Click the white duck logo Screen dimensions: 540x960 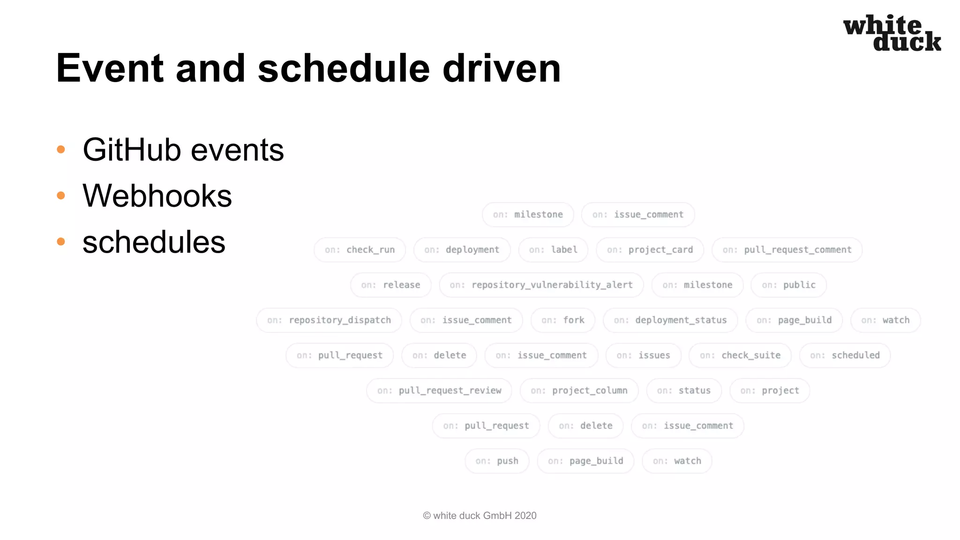[892, 33]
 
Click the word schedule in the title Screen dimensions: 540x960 [343, 68]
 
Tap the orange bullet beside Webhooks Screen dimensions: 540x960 [61, 195]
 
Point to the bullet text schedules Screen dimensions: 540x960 [154, 242]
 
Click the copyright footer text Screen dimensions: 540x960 [480, 516]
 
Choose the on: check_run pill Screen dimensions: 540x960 [360, 250]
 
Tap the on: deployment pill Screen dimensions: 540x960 [462, 250]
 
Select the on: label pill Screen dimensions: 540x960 [553, 250]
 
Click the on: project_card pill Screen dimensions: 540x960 [650, 250]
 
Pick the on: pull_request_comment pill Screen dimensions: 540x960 [787, 250]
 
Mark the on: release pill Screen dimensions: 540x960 [390, 285]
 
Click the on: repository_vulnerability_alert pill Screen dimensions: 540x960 [541, 285]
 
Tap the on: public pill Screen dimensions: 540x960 [788, 285]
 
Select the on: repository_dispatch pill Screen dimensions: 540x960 [329, 320]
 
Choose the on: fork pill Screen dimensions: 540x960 [562, 320]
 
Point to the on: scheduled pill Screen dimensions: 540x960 [845, 355]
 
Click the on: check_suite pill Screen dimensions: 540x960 [740, 355]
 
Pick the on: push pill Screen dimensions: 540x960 [497, 461]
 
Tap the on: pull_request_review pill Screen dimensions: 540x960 [439, 390]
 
